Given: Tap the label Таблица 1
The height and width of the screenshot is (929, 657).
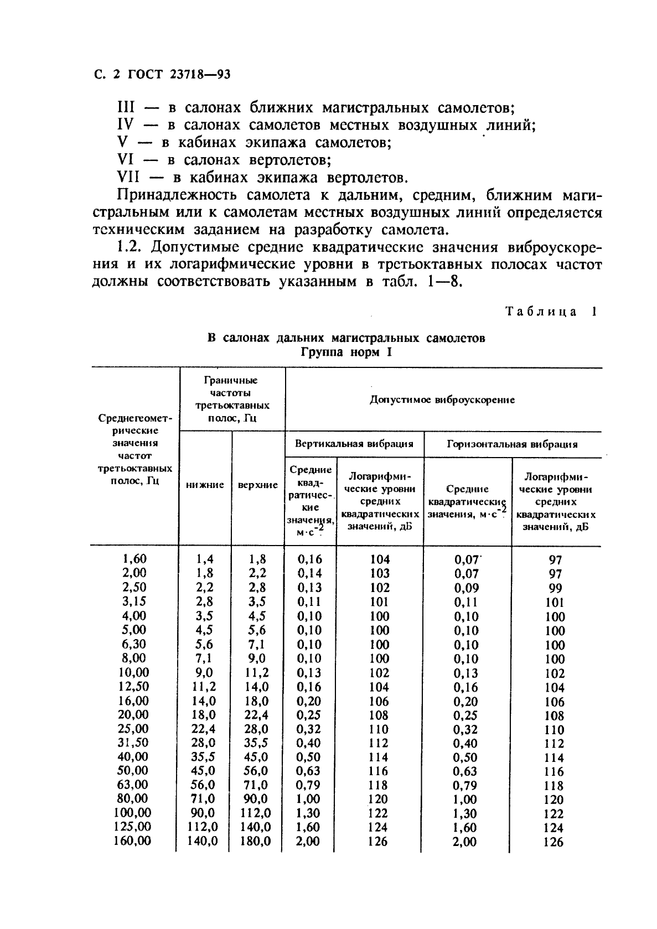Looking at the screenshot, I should pos(551,312).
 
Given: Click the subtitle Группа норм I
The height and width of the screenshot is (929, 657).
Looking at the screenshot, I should pos(346,352).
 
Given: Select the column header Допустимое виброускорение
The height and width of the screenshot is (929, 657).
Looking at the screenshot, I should pos(442,399).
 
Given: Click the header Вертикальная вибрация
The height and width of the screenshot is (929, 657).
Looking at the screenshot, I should pos(354,444).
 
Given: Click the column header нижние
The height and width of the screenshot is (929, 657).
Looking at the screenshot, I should pos(205,485).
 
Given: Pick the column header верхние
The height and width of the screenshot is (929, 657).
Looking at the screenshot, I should pos(257,485).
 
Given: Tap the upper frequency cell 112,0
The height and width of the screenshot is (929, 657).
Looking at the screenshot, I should pos(256,813).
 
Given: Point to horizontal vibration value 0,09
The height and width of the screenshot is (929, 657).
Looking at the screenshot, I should pos(467,588).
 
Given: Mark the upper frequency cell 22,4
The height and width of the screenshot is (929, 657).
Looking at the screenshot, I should pos(256,714).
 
